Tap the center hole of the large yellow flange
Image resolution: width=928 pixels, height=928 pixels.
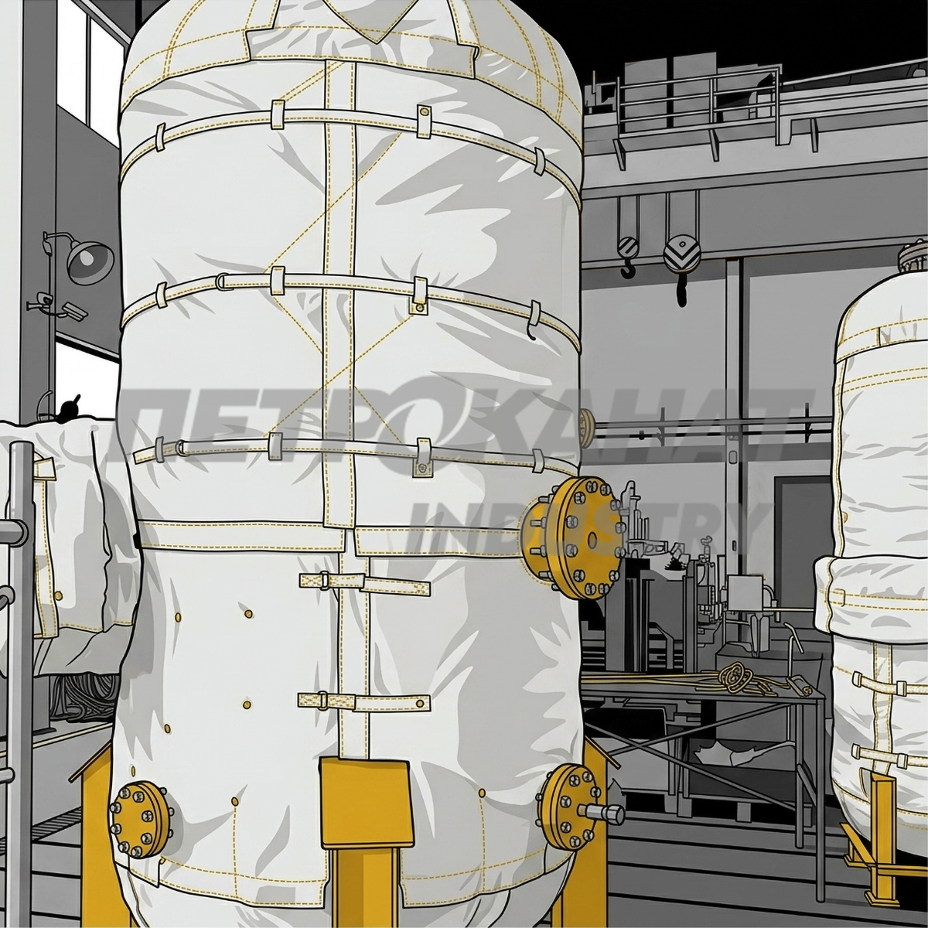click(592, 537)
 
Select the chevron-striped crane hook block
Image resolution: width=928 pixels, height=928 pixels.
click(681, 253)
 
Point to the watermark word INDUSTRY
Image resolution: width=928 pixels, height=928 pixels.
click(589, 527)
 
